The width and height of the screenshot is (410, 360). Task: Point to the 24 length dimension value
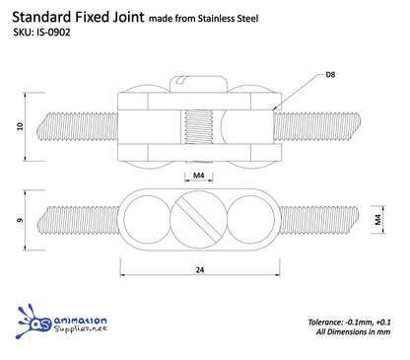click(199, 268)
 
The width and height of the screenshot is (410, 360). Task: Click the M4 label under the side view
click(199, 176)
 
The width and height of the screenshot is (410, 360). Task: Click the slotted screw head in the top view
click(200, 219)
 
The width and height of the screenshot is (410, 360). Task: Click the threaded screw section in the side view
click(199, 125)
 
